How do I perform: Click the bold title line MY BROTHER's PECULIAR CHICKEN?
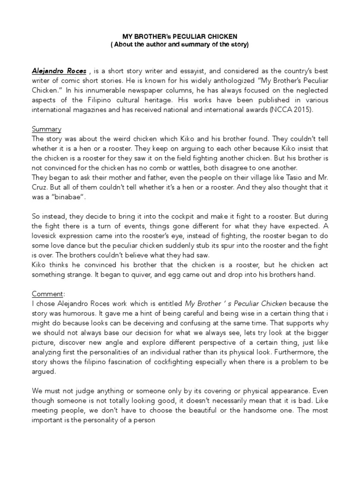pos(180,37)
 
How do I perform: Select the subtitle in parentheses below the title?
pos(180,45)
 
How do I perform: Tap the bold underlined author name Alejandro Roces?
pos(59,71)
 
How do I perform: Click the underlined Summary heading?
pos(46,129)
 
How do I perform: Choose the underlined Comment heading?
pos(47,294)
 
